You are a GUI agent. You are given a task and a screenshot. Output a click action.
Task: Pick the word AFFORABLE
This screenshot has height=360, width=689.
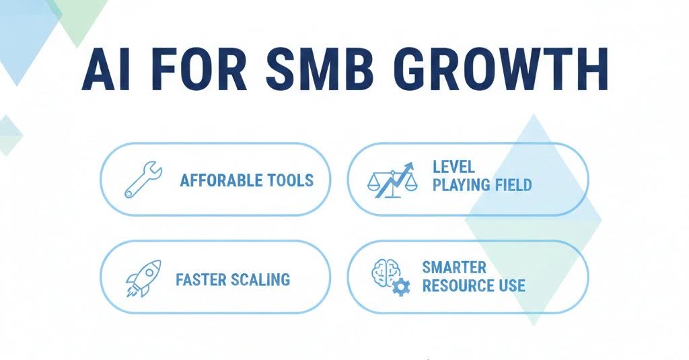(x=223, y=181)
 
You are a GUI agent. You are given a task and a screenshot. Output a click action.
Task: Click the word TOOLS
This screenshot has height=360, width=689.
(x=291, y=181)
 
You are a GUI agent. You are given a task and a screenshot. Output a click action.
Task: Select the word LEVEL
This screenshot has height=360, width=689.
(x=454, y=166)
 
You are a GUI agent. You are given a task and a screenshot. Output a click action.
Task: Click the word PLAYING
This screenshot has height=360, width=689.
(x=462, y=184)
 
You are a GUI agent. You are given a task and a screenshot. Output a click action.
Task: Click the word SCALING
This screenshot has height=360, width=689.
(x=262, y=279)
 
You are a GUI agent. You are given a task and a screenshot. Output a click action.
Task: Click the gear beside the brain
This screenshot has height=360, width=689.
(x=402, y=287)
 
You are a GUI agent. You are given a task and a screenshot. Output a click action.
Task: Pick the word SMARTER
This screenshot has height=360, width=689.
(x=454, y=267)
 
